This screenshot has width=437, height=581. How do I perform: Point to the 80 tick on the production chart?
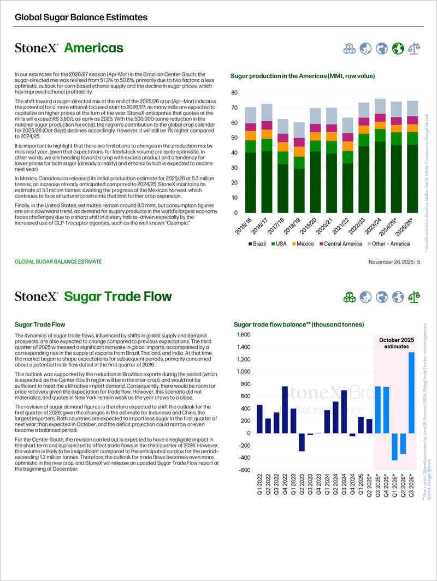point(234,93)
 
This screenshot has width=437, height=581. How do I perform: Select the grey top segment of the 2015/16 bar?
point(251,115)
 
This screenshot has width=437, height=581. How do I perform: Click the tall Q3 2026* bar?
point(411,393)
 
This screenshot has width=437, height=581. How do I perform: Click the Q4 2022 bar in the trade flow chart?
point(285,410)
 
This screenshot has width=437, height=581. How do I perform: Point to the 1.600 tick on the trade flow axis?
point(243,335)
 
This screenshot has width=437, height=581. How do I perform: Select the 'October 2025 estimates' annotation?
point(397,343)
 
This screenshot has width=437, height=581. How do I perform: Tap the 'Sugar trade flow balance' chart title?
point(299,324)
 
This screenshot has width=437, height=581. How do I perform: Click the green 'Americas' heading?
point(93,48)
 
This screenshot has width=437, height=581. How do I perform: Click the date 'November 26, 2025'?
point(391,262)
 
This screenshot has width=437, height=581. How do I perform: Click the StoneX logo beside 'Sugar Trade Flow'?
point(36,297)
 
